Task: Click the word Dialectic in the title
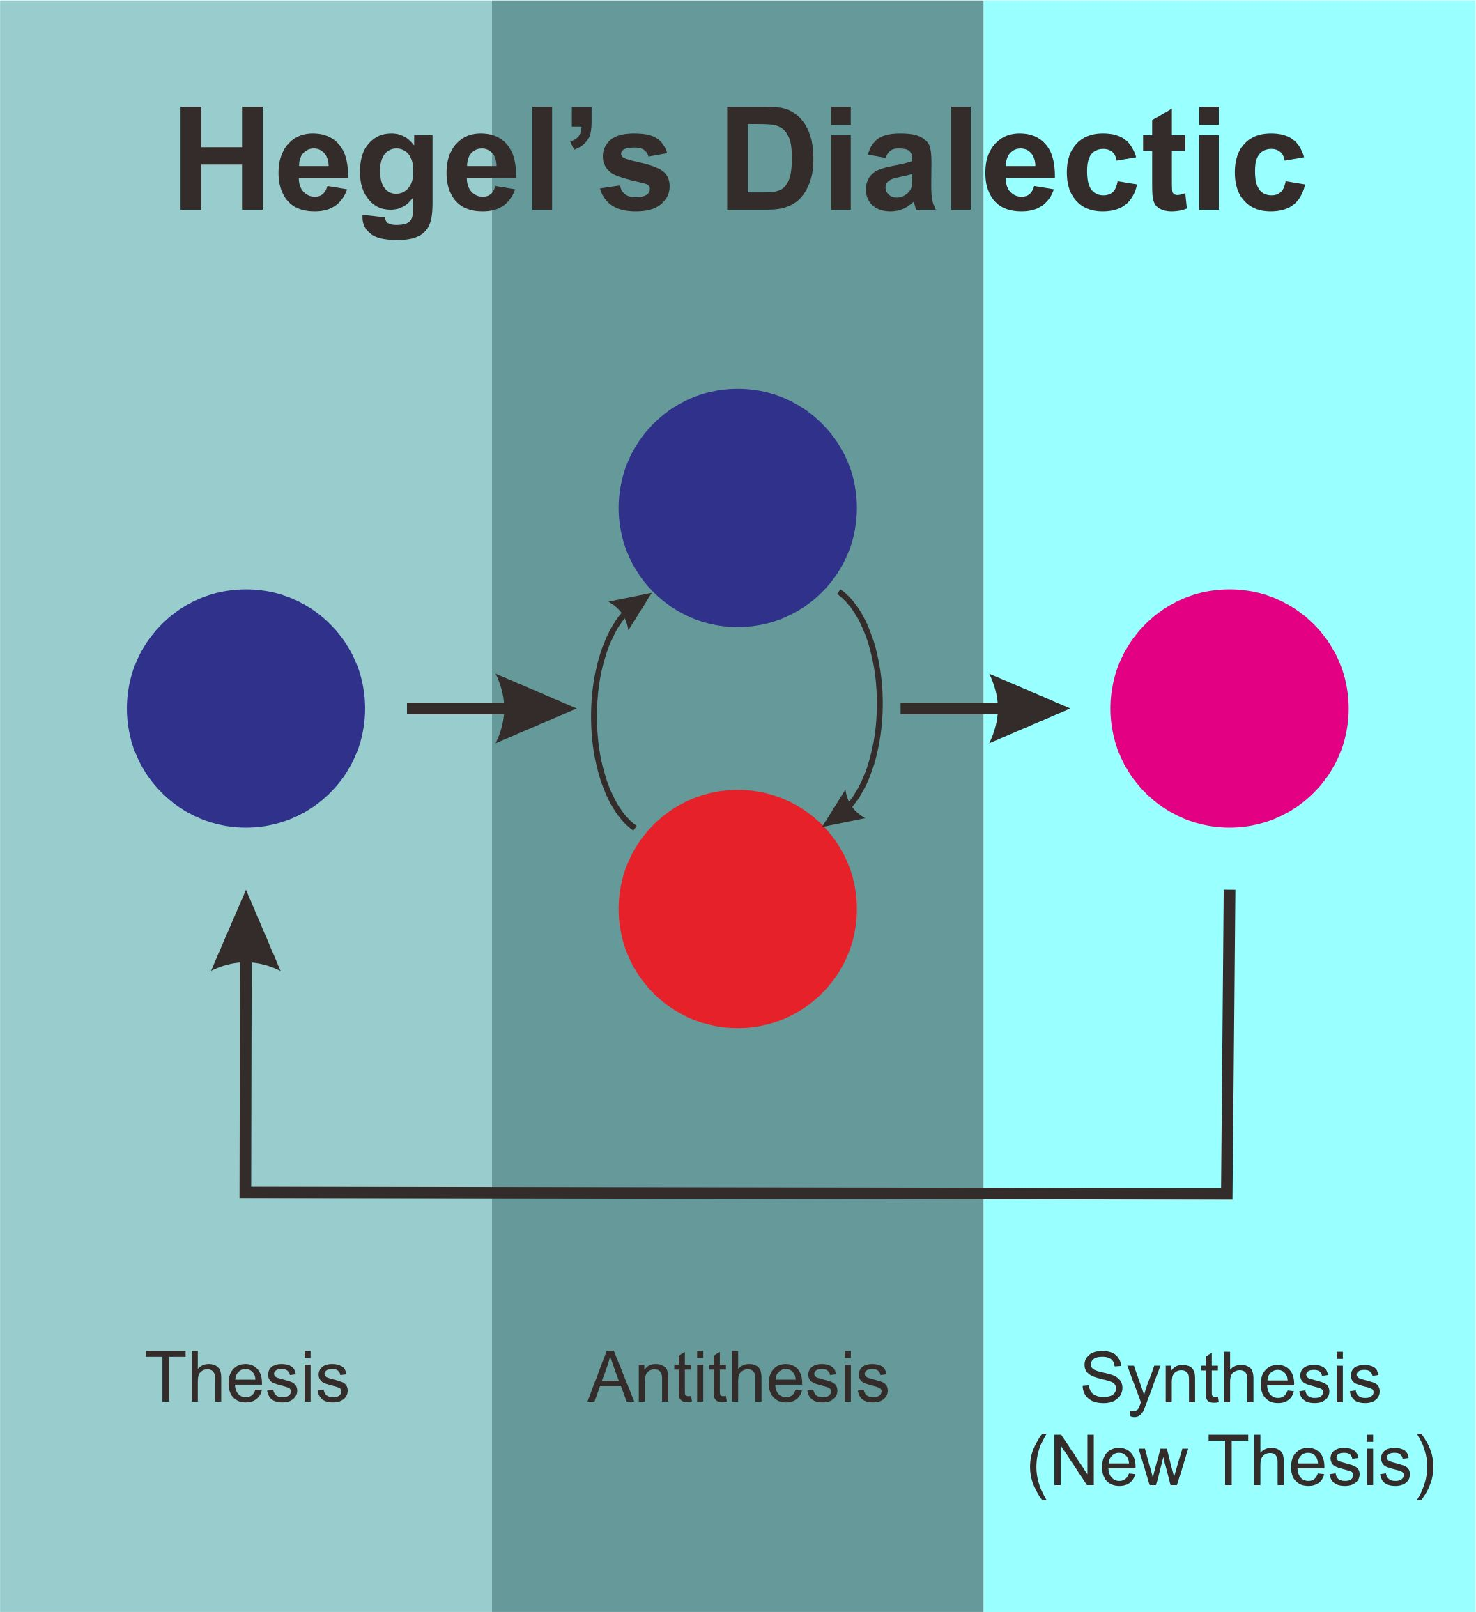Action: tap(1015, 160)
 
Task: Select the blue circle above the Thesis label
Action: tap(245, 709)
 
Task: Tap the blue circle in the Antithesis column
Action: tap(737, 508)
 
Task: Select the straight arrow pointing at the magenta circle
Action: tap(985, 709)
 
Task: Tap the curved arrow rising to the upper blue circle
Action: tap(595, 712)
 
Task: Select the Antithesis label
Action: tap(737, 1376)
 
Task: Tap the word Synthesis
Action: tap(1231, 1379)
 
